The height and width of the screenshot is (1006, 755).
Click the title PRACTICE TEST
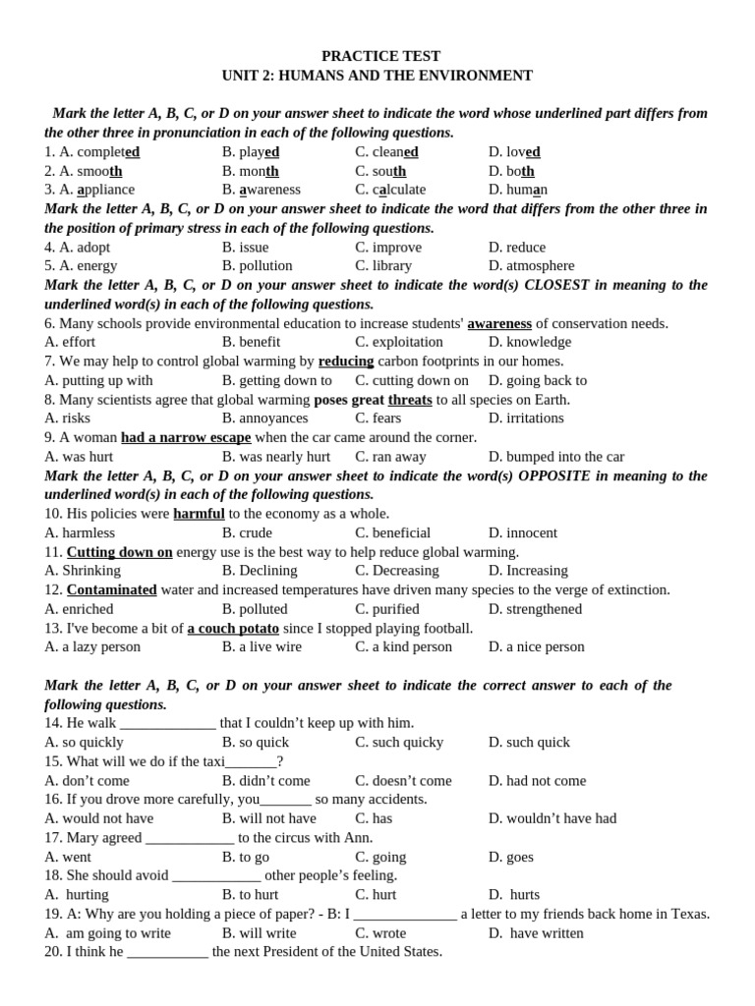(380, 56)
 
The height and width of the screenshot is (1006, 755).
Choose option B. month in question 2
(251, 171)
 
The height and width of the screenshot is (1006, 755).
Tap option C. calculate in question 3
(390, 190)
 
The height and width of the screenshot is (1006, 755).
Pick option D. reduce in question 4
(516, 247)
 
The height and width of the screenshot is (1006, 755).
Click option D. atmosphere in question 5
(531, 265)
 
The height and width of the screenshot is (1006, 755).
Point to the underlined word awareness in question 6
(499, 323)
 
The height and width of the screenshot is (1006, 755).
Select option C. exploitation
(398, 342)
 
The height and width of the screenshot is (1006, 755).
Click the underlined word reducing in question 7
(346, 361)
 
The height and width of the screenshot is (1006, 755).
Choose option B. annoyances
(264, 418)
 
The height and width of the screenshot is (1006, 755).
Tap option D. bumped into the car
(555, 456)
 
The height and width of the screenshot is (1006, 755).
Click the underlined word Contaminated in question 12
(112, 589)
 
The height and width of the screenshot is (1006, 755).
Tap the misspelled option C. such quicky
(398, 742)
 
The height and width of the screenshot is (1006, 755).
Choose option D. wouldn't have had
(552, 818)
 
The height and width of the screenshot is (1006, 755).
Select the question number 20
(53, 951)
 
